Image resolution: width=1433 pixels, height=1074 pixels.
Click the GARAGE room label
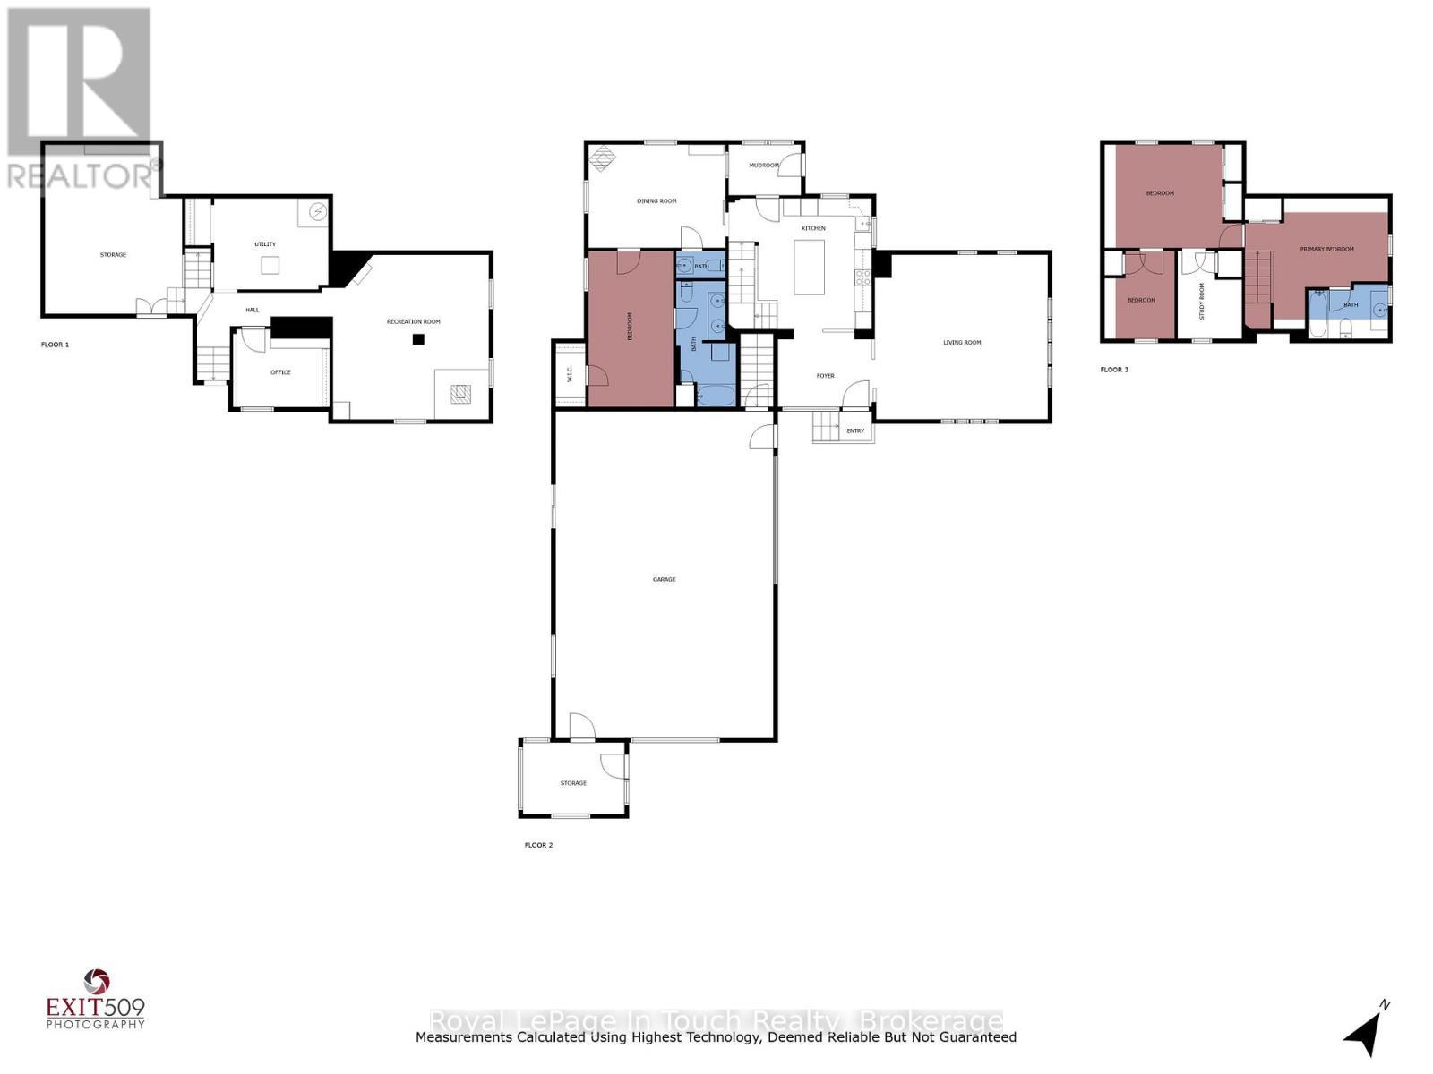[664, 580]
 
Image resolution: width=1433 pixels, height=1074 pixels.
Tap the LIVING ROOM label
[962, 343]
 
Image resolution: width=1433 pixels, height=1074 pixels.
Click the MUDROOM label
[764, 166]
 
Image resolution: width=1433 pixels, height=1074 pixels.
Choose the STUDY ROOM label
[1202, 301]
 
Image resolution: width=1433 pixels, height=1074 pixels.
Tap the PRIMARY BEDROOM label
[1326, 250]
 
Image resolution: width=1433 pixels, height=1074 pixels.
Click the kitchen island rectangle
[810, 267]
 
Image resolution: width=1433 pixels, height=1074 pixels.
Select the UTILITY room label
[265, 244]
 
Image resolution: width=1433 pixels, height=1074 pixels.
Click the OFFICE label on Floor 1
[280, 372]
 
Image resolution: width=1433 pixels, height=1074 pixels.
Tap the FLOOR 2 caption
[538, 845]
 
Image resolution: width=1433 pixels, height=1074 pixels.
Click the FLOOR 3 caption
[1114, 370]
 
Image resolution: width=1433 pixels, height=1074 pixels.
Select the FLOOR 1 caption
[55, 345]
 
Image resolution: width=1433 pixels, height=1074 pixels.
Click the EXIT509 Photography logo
[95, 999]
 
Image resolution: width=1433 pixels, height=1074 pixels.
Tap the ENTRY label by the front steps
[855, 431]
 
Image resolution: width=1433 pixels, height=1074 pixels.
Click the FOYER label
[825, 376]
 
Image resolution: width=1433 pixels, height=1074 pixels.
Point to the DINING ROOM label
[656, 201]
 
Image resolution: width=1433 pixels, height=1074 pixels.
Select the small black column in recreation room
[417, 339]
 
